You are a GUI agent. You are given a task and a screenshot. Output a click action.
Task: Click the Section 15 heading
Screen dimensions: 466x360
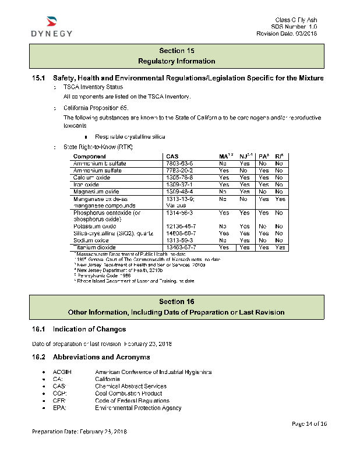point(177,51)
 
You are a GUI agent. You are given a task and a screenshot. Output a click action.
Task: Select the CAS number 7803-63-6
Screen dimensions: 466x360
point(179,164)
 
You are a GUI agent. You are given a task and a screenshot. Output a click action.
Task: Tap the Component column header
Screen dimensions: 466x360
point(89,157)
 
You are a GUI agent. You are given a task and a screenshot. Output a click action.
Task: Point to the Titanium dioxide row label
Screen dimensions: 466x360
point(90,248)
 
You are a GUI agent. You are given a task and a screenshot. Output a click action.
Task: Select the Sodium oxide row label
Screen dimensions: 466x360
point(87,241)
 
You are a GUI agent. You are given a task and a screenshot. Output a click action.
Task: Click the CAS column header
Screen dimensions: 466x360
point(172,157)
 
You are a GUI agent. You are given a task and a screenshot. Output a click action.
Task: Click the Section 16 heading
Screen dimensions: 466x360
point(177,301)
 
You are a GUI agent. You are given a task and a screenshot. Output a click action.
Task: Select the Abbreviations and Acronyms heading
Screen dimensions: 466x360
point(101,357)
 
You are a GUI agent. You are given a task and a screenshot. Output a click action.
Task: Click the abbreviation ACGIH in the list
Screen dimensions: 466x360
point(62,372)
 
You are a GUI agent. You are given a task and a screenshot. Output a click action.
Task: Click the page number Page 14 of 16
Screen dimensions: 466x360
point(309,423)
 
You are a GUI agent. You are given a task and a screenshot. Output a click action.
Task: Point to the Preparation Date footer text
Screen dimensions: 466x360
point(79,432)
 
